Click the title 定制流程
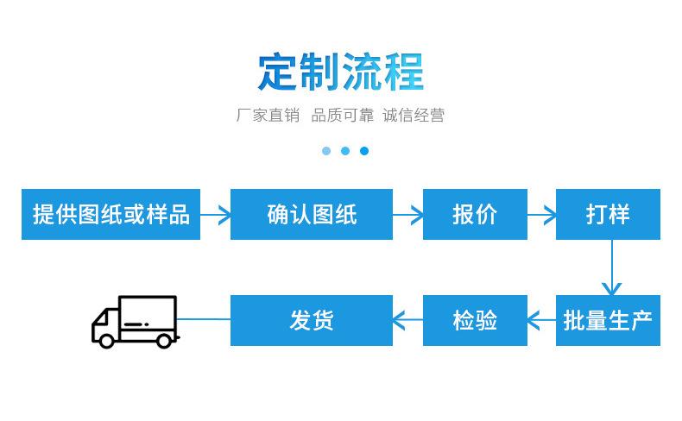coord(340,72)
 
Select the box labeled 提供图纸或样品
coord(111,214)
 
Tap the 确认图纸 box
coord(312,214)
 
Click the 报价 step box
coord(475,214)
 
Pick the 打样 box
coord(608,214)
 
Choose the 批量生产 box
coord(608,321)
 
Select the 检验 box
coord(475,321)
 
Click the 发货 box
coord(312,321)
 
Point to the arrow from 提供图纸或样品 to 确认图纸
coord(215,215)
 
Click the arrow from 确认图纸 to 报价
coord(407,215)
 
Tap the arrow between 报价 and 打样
coord(541,215)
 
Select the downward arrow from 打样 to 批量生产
coord(611,267)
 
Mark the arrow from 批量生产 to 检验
coord(541,320)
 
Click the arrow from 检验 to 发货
coord(407,320)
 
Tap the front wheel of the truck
coord(106,341)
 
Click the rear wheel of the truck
coord(164,341)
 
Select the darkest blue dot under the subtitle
coord(364,151)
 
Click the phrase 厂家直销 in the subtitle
coord(268,115)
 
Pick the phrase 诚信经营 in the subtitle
coord(414,115)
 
